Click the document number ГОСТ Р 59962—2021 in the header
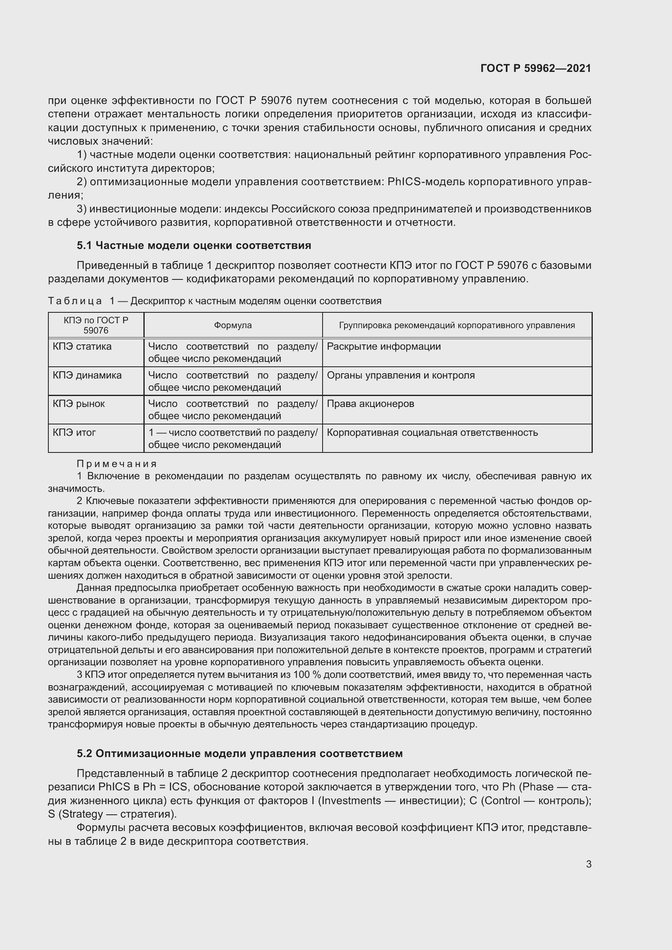pyautogui.click(x=535, y=68)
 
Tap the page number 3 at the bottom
pyautogui.click(x=588, y=864)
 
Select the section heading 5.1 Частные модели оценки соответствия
pyautogui.click(x=194, y=245)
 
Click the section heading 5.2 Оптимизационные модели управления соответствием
pyautogui.click(x=240, y=753)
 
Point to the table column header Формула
pyautogui.click(x=232, y=325)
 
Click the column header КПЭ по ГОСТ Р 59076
pyautogui.click(x=95, y=325)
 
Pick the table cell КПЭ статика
pyautogui.click(x=82, y=346)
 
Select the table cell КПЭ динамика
pyautogui.click(x=87, y=375)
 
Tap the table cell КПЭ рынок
pyautogui.click(x=79, y=403)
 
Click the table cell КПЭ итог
pyautogui.click(x=74, y=433)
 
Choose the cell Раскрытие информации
pyautogui.click(x=384, y=346)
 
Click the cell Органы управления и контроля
pyautogui.click(x=401, y=375)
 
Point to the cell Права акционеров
pyautogui.click(x=371, y=403)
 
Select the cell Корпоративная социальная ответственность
pyautogui.click(x=432, y=433)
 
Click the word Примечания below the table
pyautogui.click(x=117, y=463)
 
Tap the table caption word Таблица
pyautogui.click(x=75, y=301)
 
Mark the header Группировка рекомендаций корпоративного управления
pyautogui.click(x=457, y=325)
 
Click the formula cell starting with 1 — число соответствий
pyautogui.click(x=232, y=438)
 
